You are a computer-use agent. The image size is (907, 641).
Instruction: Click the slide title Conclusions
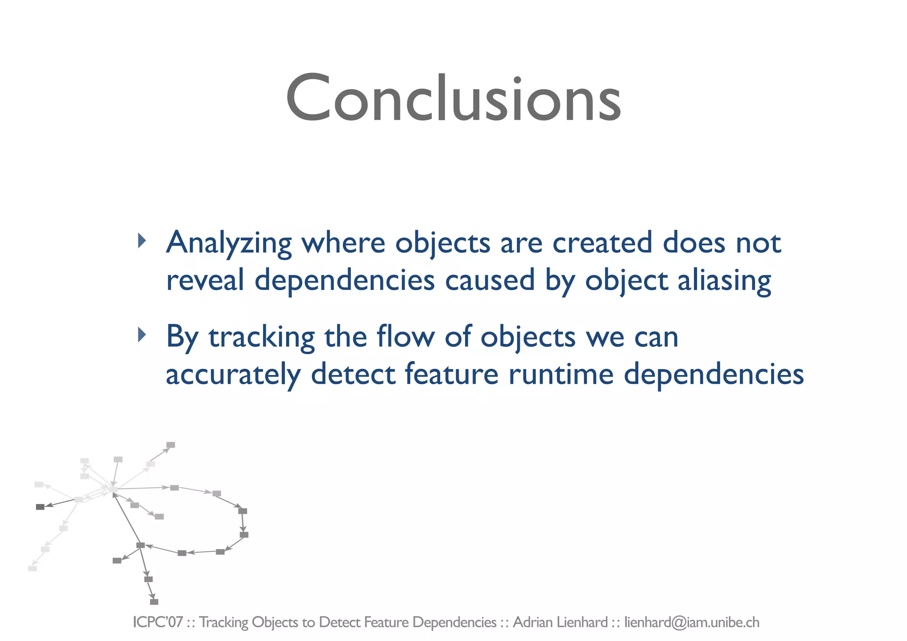(453, 98)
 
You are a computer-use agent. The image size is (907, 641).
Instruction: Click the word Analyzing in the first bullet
(229, 243)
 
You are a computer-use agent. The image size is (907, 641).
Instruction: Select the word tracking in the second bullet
(262, 337)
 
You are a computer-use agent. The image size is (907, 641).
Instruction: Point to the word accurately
(233, 375)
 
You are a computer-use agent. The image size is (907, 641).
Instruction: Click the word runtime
(561, 375)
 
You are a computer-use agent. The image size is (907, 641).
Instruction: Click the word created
(602, 243)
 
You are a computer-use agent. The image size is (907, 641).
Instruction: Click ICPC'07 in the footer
(158, 622)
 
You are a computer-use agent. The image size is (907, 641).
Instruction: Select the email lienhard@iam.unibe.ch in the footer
(692, 622)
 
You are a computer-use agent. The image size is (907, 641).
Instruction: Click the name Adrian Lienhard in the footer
(560, 622)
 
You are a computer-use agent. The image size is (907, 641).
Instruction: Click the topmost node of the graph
(171, 445)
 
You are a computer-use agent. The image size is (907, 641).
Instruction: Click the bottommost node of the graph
(154, 602)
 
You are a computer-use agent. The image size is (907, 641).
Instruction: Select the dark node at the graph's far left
(40, 507)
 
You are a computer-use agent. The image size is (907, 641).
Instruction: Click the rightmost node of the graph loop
(244, 535)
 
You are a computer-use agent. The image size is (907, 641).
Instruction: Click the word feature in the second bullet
(452, 375)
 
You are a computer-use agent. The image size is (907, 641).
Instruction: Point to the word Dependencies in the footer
(454, 622)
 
